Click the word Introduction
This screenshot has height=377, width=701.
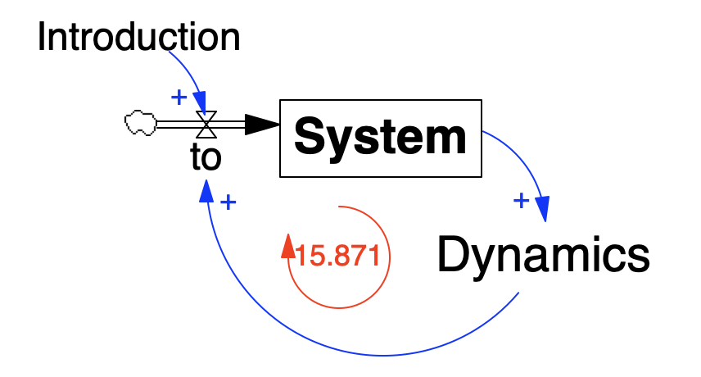(x=138, y=38)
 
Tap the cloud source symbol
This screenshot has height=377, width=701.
(x=140, y=124)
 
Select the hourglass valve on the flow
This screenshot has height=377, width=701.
(x=206, y=125)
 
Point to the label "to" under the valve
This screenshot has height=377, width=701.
(x=206, y=157)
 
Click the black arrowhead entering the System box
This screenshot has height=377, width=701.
(x=263, y=125)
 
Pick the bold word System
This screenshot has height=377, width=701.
(x=380, y=138)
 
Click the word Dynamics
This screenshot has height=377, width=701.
(x=543, y=256)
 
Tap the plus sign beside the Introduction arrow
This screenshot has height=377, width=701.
(x=178, y=98)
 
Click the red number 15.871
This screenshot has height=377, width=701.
(x=337, y=257)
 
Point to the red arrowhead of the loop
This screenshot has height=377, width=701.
(x=287, y=245)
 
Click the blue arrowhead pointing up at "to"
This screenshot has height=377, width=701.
(x=206, y=191)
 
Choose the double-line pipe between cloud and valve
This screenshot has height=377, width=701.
(x=176, y=125)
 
